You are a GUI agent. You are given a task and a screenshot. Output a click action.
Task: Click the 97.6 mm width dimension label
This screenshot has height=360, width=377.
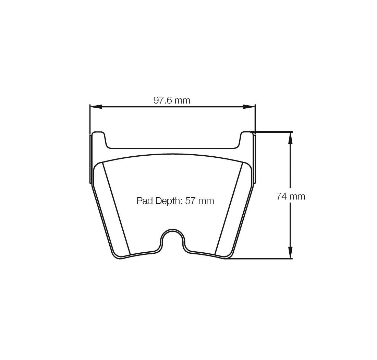pos(172,100)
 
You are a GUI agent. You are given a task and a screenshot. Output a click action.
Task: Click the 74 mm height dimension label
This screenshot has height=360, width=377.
pos(290,196)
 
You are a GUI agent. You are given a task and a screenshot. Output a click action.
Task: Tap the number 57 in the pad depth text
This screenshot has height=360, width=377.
pos(190,201)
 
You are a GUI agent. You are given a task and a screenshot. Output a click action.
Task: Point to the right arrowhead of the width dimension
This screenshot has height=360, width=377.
pos(249,107)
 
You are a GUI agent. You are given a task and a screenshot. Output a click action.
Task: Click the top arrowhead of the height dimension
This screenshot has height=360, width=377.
pos(290,138)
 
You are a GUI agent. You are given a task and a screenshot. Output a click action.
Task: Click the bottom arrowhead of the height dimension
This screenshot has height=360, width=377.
pos(290,252)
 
